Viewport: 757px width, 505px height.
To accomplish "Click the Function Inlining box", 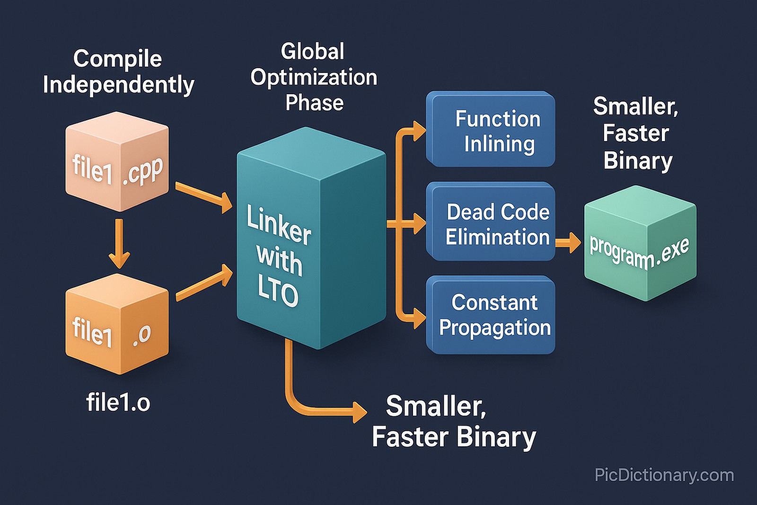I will point(491,129).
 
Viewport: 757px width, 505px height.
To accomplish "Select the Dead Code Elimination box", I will point(491,221).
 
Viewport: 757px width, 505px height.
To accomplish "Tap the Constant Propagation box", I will point(491,315).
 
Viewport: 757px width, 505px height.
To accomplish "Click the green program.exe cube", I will point(640,244).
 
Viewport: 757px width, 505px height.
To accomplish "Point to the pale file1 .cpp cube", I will point(117,162).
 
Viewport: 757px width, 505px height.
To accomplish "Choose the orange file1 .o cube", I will point(117,324).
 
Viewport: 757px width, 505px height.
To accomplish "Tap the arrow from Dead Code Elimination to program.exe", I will point(568,242).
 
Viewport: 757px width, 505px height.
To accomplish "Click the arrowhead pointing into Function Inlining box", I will point(419,131).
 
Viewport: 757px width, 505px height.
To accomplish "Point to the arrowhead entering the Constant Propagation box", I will point(419,318).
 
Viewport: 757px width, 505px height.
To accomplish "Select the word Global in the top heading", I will point(312,51).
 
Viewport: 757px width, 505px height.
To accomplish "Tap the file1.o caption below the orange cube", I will point(118,403).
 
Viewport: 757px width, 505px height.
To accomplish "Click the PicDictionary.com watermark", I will point(664,475).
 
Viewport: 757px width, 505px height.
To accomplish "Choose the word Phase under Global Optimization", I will point(314,103).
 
